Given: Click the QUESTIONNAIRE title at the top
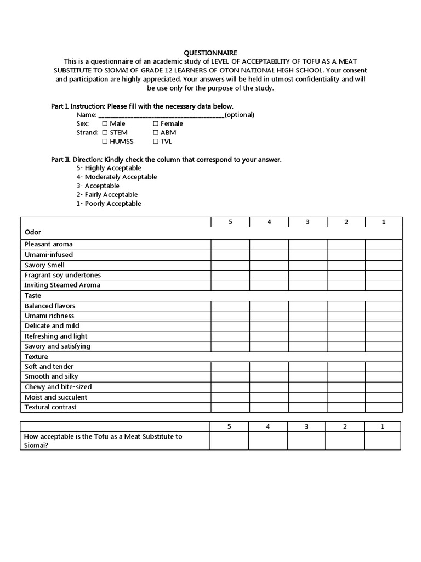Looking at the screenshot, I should coord(210,53).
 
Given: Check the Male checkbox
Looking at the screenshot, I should coord(105,124).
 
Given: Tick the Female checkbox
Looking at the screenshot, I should coord(156,124).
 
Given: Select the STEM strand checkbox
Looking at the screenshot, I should coord(105,133).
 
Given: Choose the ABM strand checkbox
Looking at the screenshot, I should coord(156,133).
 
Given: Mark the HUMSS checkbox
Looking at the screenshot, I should coord(105,142).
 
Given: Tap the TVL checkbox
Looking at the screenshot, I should coord(156,142).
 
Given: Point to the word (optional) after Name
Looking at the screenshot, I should coord(240,115).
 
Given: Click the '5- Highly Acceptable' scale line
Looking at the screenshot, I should coord(109,168).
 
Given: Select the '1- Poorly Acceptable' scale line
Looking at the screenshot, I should coord(109,204).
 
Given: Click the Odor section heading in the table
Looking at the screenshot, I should coord(33,232).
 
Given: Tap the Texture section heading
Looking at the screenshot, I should coord(36,357).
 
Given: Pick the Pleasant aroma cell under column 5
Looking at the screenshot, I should coord(230,244).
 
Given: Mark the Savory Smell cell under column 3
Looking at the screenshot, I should coord(308,265).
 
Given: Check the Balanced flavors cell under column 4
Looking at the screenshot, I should coord(269,306).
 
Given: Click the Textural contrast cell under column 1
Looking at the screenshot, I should coord(384,407).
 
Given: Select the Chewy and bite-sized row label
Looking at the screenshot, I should coord(58,387).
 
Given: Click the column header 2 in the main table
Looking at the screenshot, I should coord(346,222).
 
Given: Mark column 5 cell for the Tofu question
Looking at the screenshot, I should coord(229,441).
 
